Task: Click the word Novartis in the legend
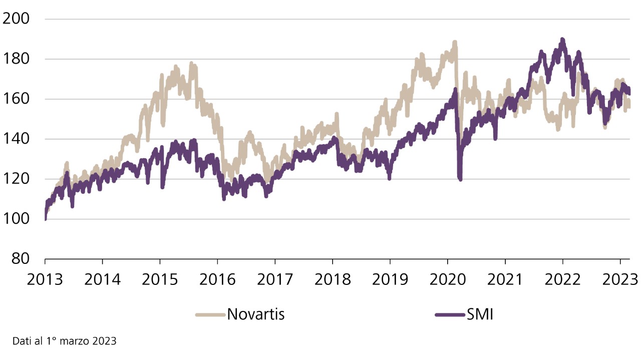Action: tap(256, 314)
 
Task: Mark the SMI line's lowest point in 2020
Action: tap(460, 179)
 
